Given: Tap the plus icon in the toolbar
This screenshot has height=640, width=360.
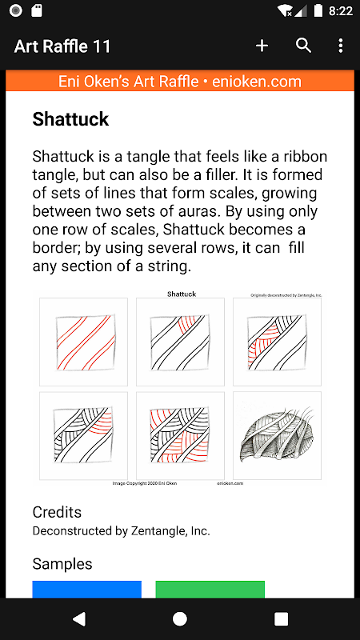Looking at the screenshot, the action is click(x=262, y=46).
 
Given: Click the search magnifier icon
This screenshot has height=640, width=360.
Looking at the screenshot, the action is click(x=304, y=46).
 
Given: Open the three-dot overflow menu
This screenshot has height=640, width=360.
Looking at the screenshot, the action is click(x=341, y=46).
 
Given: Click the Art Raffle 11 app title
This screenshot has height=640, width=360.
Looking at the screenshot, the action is click(x=62, y=46).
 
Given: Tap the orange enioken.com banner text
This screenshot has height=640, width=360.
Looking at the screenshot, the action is click(x=179, y=82).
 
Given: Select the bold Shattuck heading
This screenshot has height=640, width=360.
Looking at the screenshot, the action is click(x=70, y=119).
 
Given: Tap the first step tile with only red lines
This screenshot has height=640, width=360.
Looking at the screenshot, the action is click(x=84, y=342).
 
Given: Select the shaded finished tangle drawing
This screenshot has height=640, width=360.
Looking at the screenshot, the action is click(x=277, y=436).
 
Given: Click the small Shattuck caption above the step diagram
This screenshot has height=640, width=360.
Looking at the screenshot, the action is click(x=182, y=294).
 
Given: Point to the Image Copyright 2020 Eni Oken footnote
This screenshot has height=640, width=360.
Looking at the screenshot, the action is click(x=145, y=484).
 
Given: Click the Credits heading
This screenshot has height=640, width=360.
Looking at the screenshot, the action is click(x=57, y=512).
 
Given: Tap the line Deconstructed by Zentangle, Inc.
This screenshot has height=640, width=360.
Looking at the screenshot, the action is click(x=122, y=531).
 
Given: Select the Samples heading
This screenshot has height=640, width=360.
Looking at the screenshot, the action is click(x=62, y=564).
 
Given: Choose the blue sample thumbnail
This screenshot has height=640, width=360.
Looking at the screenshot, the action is click(x=87, y=590).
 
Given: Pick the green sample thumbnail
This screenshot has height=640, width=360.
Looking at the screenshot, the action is click(x=210, y=590).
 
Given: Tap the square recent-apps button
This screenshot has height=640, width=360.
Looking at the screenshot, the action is click(x=282, y=618).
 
